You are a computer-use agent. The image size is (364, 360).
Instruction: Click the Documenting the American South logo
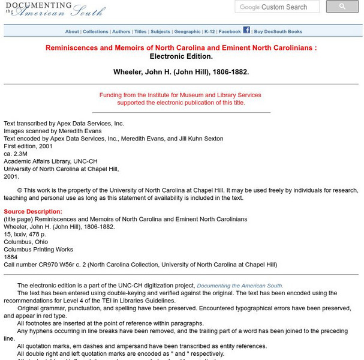tap(54, 9)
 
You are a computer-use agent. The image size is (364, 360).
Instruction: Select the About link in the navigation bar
tap(72, 32)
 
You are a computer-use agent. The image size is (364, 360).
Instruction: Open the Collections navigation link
tap(95, 32)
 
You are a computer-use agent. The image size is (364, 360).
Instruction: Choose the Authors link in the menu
tap(121, 32)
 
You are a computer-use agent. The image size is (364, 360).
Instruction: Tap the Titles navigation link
tap(140, 32)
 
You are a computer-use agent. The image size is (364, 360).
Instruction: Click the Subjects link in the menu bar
tap(160, 32)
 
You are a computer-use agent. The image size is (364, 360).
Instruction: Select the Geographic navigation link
tap(187, 32)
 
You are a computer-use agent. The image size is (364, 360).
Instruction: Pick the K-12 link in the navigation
tap(209, 32)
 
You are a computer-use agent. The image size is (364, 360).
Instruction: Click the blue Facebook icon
tap(246, 30)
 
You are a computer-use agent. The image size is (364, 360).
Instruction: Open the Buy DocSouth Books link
tap(278, 32)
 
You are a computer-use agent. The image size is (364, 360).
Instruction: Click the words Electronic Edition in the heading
tap(181, 56)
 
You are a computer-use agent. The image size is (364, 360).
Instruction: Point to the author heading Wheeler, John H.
tap(181, 72)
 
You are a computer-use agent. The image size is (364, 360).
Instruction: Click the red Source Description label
tap(33, 212)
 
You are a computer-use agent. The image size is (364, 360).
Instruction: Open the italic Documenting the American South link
tap(240, 286)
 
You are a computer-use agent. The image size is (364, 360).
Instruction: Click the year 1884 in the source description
tap(11, 257)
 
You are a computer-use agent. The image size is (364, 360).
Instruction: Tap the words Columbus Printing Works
tap(38, 250)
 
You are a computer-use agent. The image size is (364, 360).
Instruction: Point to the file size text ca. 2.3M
tap(17, 154)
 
